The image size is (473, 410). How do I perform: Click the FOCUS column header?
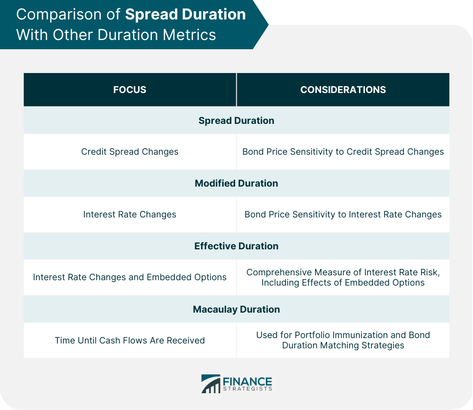click(x=130, y=90)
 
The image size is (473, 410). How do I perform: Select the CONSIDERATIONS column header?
click(x=343, y=90)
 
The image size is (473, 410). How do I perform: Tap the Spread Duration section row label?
click(x=237, y=121)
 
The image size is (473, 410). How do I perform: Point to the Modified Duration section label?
click(x=237, y=183)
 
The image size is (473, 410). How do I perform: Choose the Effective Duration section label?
click(x=237, y=246)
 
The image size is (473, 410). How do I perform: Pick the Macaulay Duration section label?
click(x=237, y=309)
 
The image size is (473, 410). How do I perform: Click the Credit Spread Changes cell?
click(x=130, y=151)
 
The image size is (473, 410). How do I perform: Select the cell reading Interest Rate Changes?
click(x=130, y=214)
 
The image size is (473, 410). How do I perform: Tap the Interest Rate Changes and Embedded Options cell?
click(x=130, y=277)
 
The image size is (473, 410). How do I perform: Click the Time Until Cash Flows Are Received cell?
click(x=130, y=340)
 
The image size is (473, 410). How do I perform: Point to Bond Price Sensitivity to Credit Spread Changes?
click(x=343, y=151)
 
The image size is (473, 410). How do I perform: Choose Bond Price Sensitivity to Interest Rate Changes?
click(x=343, y=214)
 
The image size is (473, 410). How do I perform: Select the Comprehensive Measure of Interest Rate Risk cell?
click(x=343, y=277)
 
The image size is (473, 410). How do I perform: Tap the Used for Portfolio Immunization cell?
click(x=343, y=340)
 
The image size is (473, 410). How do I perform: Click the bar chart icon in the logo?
click(x=211, y=383)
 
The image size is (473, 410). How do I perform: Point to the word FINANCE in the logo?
click(x=248, y=381)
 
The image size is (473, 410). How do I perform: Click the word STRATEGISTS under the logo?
click(x=248, y=389)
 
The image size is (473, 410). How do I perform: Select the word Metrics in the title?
click(x=189, y=35)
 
